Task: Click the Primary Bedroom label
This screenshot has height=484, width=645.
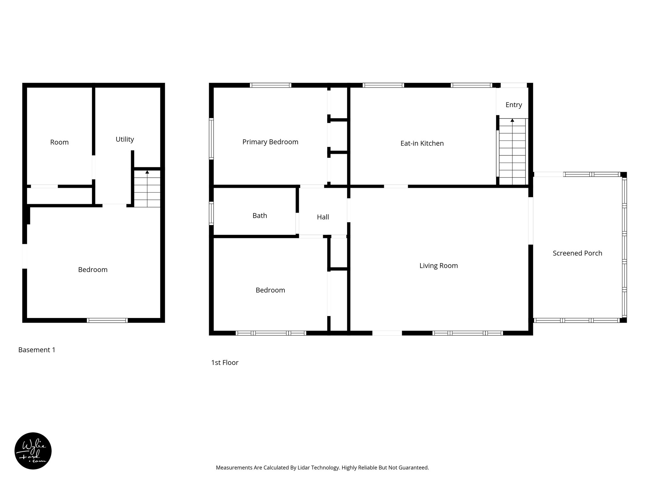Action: (270, 142)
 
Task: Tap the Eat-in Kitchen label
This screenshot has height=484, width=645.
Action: (422, 143)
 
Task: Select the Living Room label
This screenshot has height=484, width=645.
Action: (438, 266)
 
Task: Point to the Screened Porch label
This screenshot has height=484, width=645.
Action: (577, 253)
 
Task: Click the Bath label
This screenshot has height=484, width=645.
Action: (260, 216)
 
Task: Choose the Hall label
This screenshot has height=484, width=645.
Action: (323, 217)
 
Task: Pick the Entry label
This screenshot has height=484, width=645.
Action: (514, 105)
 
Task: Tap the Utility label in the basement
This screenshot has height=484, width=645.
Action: (125, 139)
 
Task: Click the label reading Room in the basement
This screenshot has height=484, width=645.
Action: (59, 142)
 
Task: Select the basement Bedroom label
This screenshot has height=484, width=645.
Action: (93, 270)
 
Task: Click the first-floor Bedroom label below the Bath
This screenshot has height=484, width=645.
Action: (270, 290)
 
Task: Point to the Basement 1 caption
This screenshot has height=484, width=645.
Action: (37, 350)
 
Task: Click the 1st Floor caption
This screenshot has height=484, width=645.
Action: (225, 363)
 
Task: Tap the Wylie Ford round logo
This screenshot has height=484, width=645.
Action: (33, 451)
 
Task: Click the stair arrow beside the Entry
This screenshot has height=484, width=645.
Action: (512, 120)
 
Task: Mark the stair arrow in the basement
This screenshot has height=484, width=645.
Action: (147, 172)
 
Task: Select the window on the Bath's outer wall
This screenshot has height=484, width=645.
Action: (211, 213)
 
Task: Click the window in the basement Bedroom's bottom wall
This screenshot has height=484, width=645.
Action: (107, 320)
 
